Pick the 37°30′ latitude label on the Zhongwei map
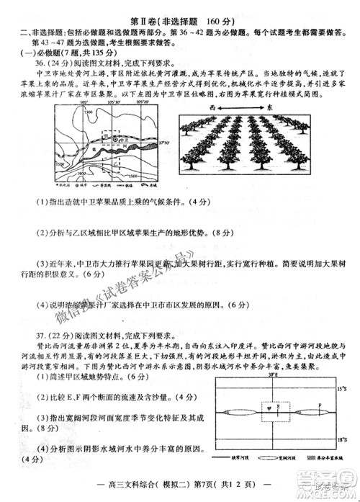pyautogui.click(x=161, y=144)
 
